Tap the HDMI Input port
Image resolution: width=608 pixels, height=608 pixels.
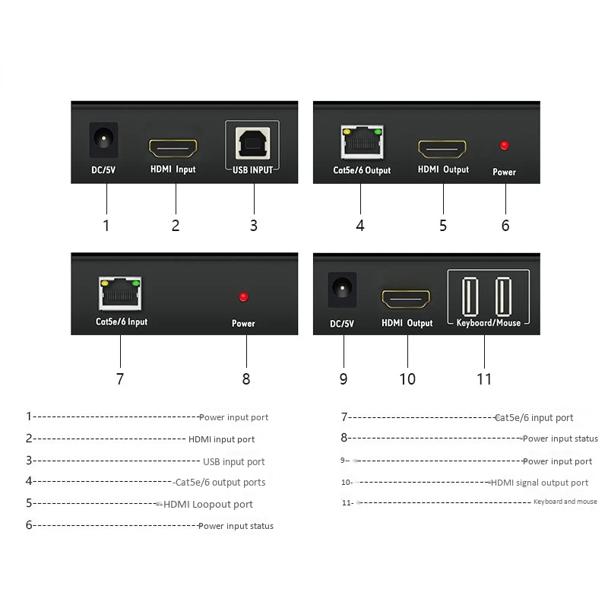point(173,147)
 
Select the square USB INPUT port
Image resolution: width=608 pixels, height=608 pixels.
point(252,143)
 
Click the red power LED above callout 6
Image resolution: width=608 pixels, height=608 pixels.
point(504,145)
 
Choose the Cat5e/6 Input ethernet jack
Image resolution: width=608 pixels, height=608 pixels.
point(119,293)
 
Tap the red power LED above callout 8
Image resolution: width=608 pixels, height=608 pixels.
point(244,296)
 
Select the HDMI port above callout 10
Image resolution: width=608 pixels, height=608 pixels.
point(406,299)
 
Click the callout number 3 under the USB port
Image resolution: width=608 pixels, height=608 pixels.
point(254,226)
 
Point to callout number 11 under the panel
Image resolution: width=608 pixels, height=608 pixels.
point(484,378)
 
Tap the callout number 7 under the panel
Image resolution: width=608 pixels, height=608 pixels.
point(119,378)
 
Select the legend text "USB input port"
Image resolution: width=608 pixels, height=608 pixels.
point(234,462)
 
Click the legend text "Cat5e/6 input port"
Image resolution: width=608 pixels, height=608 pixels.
point(534,418)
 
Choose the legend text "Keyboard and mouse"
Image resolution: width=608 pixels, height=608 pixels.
point(565,502)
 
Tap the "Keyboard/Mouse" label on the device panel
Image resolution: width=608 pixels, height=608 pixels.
point(488,323)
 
